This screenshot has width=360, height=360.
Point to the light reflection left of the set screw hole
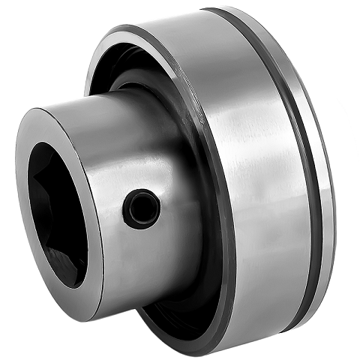point(112,202)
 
